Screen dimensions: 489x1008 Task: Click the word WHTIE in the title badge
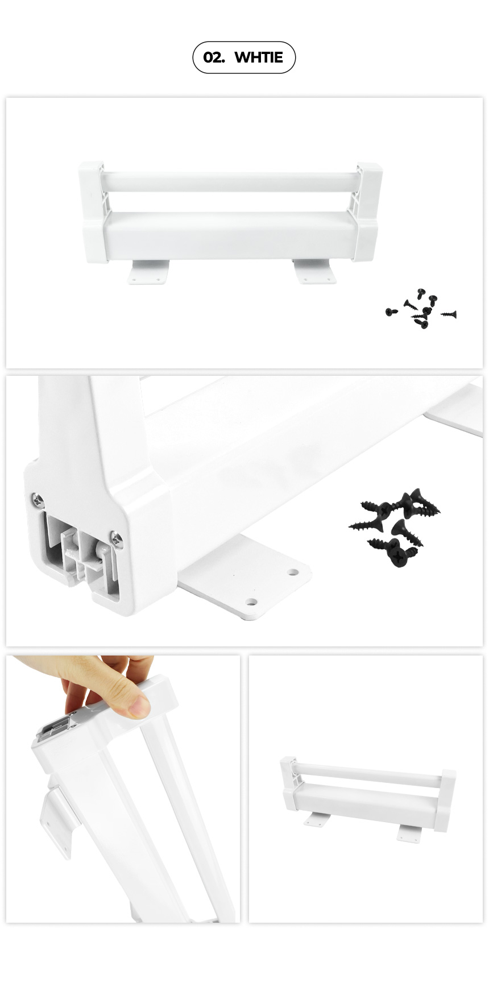coord(259,57)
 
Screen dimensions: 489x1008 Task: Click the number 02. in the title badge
coord(214,57)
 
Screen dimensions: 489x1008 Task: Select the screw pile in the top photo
coord(421,309)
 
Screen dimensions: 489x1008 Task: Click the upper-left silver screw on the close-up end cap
coord(38,500)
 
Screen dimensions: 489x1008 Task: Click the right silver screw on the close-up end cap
coord(117,538)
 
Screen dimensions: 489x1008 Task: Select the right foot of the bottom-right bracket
coord(409,833)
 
